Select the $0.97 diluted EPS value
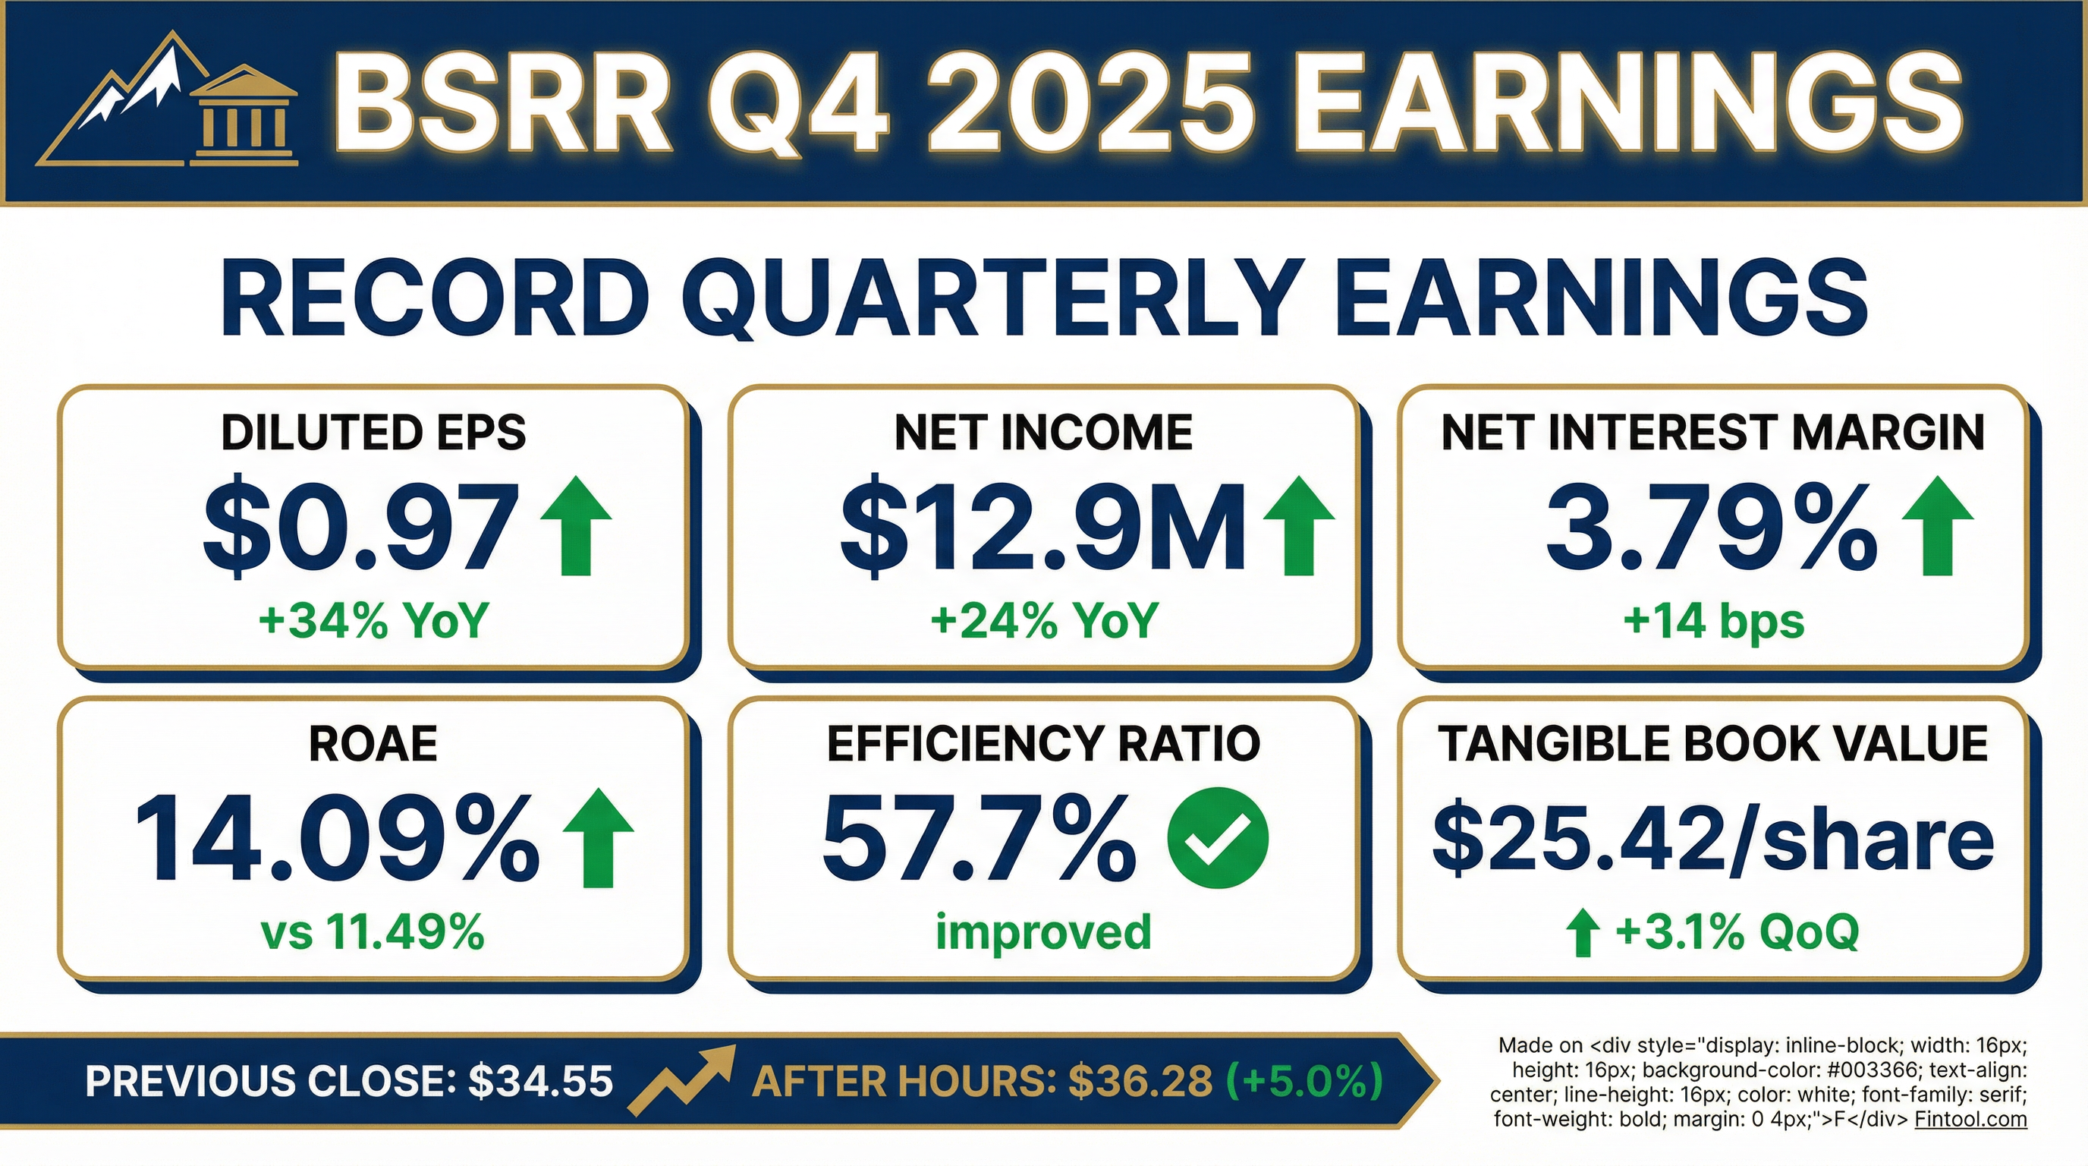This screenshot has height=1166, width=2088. click(x=361, y=528)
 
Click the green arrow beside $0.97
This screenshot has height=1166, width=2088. click(x=576, y=526)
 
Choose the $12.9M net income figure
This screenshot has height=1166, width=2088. click(x=1042, y=528)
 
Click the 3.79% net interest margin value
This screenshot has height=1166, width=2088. click(x=1710, y=528)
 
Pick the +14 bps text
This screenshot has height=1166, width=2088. click(x=1713, y=622)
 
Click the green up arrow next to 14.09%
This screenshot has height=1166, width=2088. click(x=598, y=837)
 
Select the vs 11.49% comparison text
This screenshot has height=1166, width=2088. click(x=373, y=931)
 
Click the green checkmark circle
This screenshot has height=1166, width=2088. click(x=1218, y=837)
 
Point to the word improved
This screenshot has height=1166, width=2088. click(x=1043, y=931)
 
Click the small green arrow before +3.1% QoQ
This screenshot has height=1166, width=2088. click(x=1581, y=933)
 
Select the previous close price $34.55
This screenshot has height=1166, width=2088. click(x=541, y=1081)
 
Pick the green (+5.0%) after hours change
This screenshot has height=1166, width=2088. click(x=1305, y=1081)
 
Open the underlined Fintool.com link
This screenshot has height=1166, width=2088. click(x=1970, y=1120)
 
